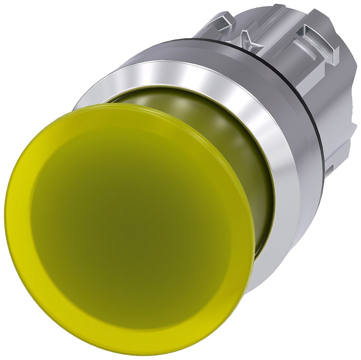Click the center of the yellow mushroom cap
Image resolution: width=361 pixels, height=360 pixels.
pyautogui.click(x=130, y=224)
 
